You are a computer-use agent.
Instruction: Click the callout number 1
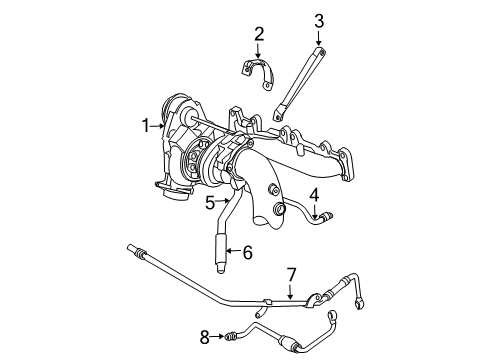tap(145, 126)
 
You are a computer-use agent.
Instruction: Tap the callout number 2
tap(258, 36)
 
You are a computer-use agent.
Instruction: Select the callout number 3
tap(319, 21)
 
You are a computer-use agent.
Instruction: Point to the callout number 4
tap(313, 195)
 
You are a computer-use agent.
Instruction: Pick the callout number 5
tap(210, 202)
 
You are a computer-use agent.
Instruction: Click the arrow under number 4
tap(313, 212)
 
